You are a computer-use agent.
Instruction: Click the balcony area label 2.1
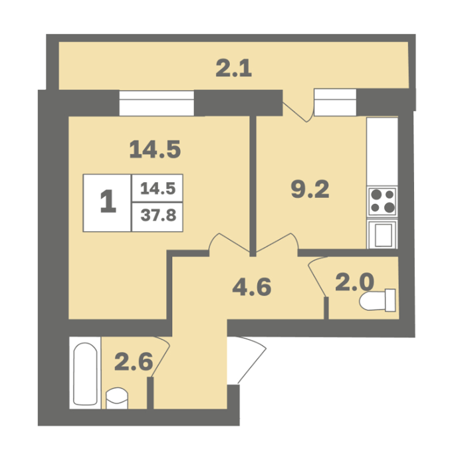click(233, 68)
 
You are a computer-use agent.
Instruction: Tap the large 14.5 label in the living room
click(155, 149)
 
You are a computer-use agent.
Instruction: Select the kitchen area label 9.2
click(310, 189)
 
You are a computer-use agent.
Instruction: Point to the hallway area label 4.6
click(252, 287)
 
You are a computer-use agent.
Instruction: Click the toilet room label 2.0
click(354, 282)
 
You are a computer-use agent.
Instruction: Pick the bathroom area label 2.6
click(134, 361)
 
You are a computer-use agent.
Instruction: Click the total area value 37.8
click(158, 215)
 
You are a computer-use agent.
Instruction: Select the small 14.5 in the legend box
click(158, 188)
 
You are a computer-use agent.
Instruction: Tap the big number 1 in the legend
click(108, 201)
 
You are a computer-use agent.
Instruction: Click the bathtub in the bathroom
click(86, 373)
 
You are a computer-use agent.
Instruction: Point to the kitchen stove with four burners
click(382, 202)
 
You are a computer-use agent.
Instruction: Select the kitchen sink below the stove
click(382, 234)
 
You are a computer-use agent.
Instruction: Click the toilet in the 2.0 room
click(378, 300)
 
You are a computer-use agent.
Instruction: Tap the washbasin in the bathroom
click(117, 399)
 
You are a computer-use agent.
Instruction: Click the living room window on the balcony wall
click(156, 103)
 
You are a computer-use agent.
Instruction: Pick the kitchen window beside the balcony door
click(335, 102)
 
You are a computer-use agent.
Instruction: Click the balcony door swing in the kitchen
click(298, 111)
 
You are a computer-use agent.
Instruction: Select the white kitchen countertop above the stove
click(382, 152)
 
